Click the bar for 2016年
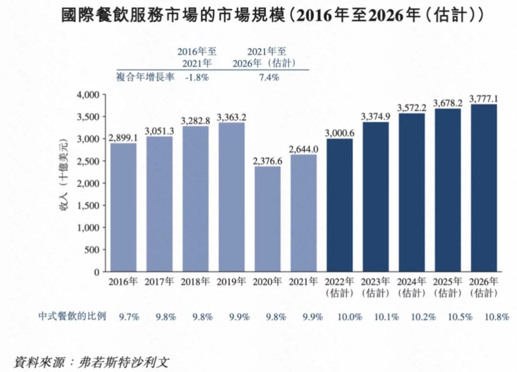(x=124, y=207)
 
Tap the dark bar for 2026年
(x=484, y=188)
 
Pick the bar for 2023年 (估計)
(x=376, y=197)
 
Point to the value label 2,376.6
(x=268, y=161)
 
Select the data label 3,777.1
(x=484, y=99)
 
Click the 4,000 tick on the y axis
(x=88, y=95)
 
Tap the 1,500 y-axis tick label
(x=88, y=205)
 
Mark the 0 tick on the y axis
(x=96, y=272)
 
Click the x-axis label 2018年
(x=196, y=282)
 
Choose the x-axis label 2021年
(x=304, y=282)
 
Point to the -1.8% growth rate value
(x=197, y=78)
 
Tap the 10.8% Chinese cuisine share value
(x=496, y=317)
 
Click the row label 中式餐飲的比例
(x=72, y=316)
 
